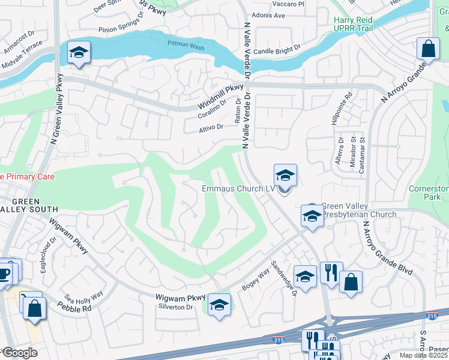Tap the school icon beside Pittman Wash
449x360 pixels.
click(x=79, y=53)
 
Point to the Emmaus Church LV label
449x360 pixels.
click(x=238, y=188)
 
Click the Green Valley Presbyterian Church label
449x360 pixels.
click(x=359, y=210)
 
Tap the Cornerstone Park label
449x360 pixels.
click(x=429, y=193)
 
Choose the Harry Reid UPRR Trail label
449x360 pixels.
click(x=361, y=25)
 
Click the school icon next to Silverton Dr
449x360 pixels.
click(x=220, y=305)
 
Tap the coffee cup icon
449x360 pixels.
click(x=5, y=272)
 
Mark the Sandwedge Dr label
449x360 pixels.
click(x=284, y=278)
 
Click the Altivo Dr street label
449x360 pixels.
click(x=211, y=127)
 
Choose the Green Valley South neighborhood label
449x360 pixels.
click(x=29, y=205)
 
